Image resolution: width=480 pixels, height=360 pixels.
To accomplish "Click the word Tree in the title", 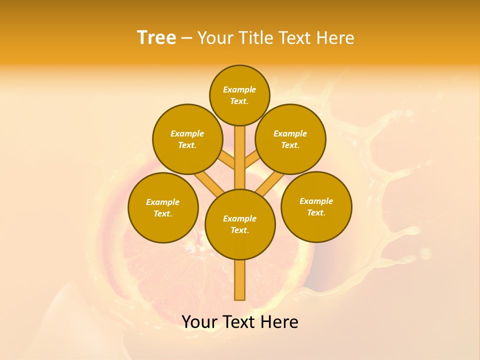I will pyautogui.click(x=156, y=37).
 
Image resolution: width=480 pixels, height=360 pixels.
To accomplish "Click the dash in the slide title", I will pyautogui.click(x=187, y=38).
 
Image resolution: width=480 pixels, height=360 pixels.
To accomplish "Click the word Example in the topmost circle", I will pyautogui.click(x=239, y=89).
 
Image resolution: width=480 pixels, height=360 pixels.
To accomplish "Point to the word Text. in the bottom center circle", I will pyautogui.click(x=239, y=230).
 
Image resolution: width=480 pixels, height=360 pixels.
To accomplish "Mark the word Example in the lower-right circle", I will pyautogui.click(x=316, y=201).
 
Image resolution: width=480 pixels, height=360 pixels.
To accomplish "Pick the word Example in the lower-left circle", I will pyautogui.click(x=163, y=202).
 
